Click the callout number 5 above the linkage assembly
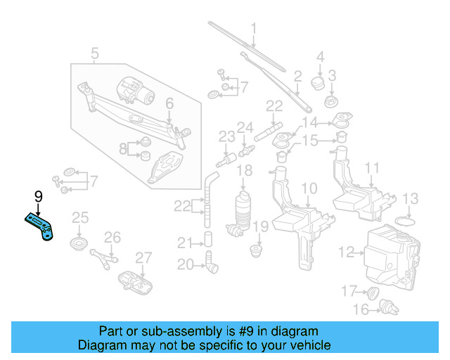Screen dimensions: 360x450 coord(95,52)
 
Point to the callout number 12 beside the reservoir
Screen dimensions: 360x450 coord(346,251)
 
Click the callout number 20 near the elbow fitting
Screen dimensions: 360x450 coord(184,264)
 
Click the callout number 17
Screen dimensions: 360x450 coord(349,290)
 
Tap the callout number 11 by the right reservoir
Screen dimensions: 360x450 coord(373,168)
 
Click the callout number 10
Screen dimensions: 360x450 coord(309,188)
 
